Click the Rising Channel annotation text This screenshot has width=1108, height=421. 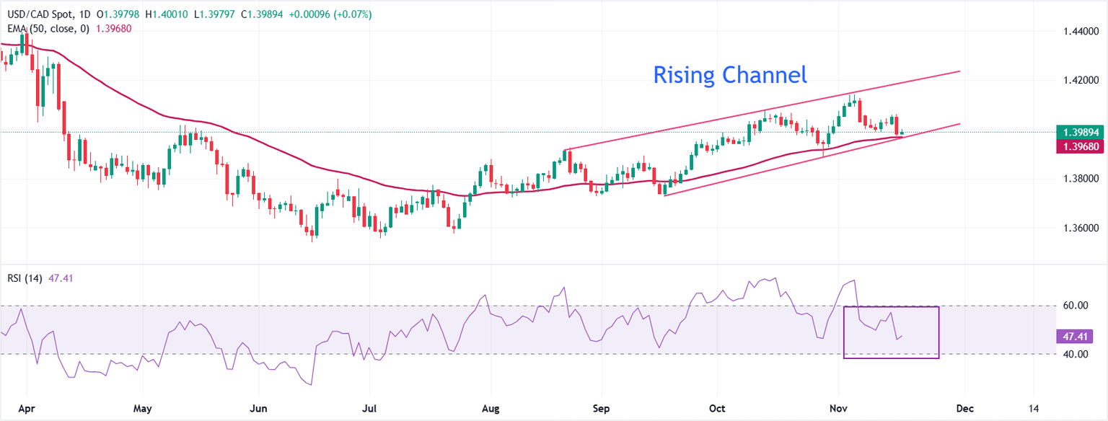point(730,74)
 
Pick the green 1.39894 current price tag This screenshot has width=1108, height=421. point(1080,133)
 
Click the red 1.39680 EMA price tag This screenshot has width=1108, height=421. point(1080,146)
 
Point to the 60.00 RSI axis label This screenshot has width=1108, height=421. point(1076,306)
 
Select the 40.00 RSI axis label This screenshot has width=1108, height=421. point(1076,354)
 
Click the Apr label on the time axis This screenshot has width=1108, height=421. point(26,407)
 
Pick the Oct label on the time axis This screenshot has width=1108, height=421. point(717,407)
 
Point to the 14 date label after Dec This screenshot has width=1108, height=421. point(1034,407)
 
